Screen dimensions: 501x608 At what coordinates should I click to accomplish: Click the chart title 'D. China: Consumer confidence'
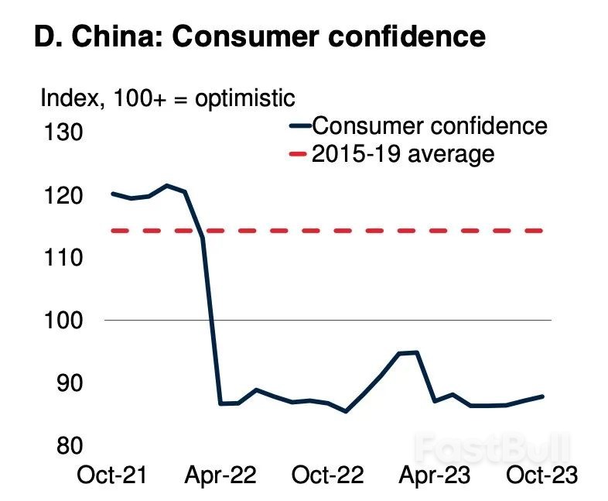(x=260, y=37)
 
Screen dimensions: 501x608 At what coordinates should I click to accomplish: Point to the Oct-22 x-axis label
(x=327, y=474)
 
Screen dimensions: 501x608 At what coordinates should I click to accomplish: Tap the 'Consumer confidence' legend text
(x=429, y=125)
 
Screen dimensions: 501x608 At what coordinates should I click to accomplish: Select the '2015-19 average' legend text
(x=402, y=153)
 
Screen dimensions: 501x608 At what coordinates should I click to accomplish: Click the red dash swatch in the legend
(x=299, y=154)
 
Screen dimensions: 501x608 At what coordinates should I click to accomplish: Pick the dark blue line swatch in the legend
(x=299, y=125)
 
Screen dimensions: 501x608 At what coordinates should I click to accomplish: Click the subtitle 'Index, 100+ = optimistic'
(x=167, y=98)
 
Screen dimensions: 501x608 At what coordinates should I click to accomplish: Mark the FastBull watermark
(x=490, y=448)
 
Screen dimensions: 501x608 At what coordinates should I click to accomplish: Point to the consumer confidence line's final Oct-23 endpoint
(x=541, y=396)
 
